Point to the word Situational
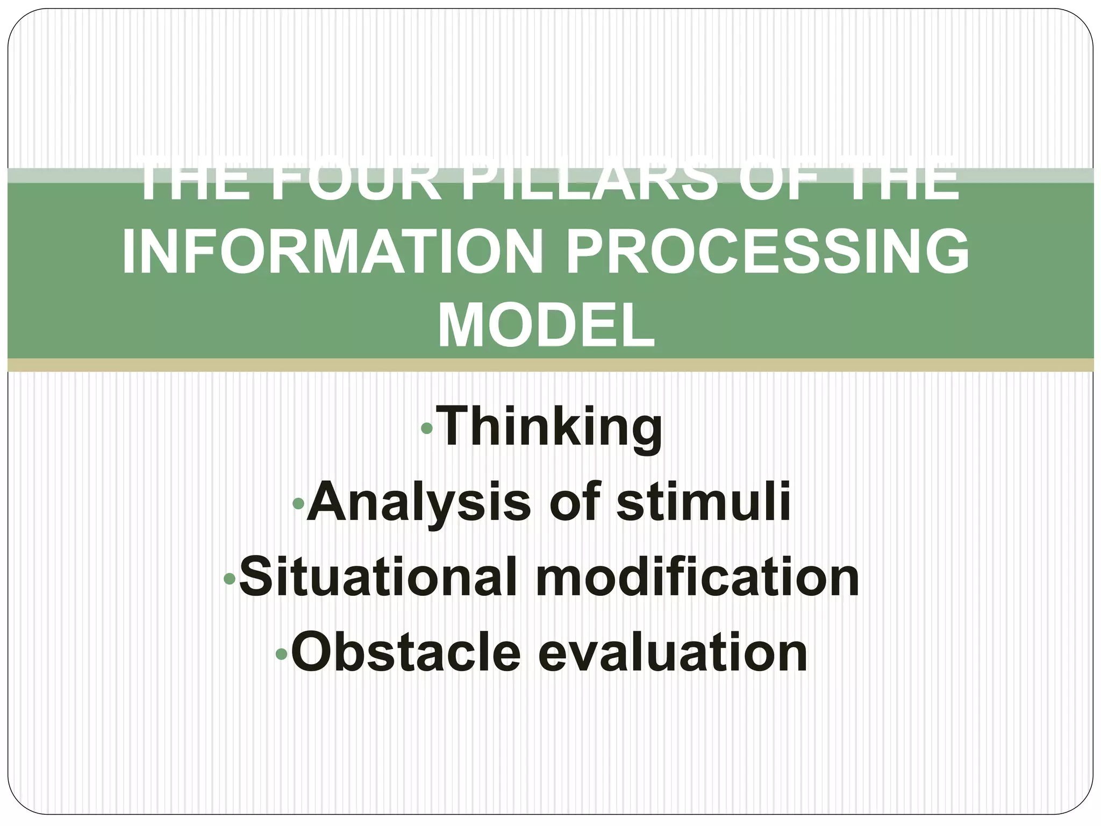pos(376,578)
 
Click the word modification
pos(697,578)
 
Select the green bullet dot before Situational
pos(230,579)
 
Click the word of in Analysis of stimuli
pos(573,502)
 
